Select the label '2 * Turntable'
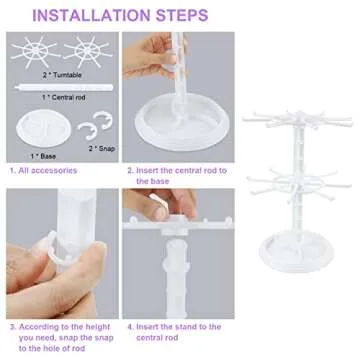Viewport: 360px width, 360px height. pyautogui.click(x=60, y=76)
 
